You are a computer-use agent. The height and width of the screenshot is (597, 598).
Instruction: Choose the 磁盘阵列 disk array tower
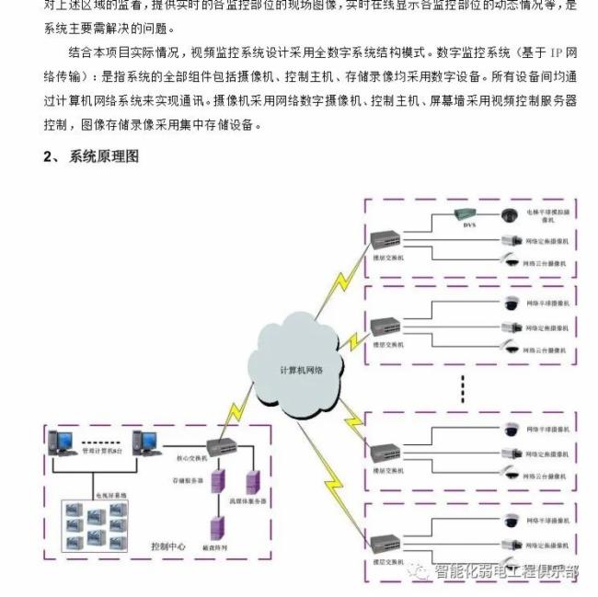click(218, 527)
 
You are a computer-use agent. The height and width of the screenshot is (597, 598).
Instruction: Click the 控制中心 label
click(167, 545)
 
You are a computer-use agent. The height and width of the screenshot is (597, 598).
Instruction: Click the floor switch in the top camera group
click(384, 241)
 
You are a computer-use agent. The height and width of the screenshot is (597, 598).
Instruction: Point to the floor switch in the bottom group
click(384, 541)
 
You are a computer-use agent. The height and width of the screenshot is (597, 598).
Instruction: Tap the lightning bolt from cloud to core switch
click(241, 405)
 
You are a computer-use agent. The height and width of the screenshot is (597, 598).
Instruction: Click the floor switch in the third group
click(384, 452)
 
